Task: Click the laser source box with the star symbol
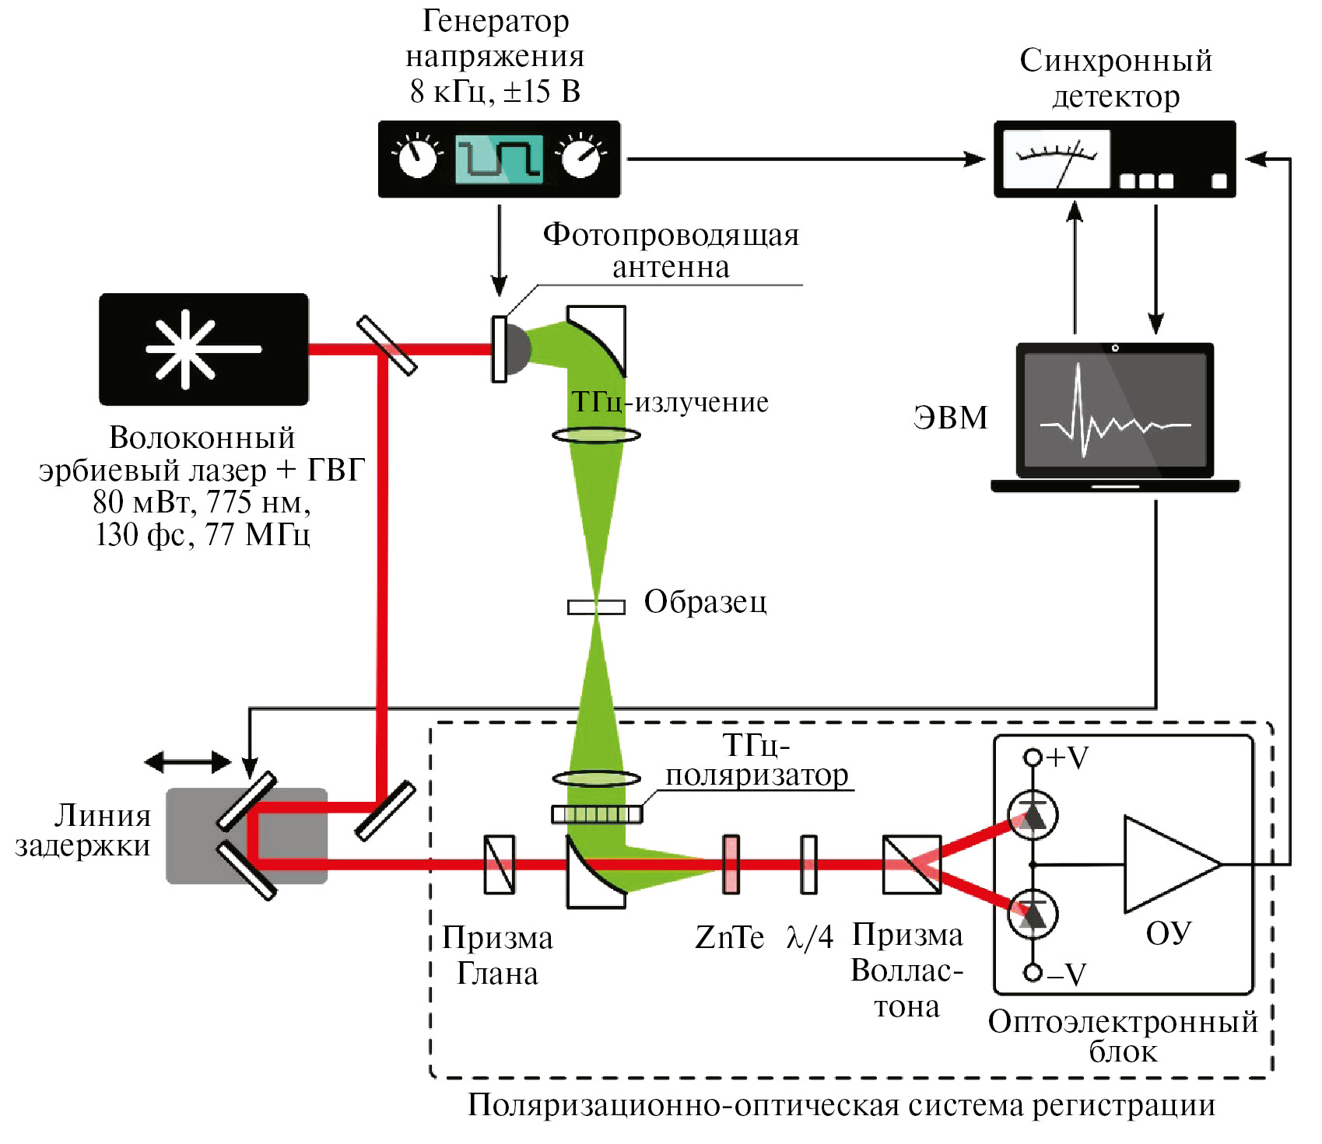203,349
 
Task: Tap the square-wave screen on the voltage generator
499,159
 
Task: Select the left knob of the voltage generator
418,158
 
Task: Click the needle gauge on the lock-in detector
1056,159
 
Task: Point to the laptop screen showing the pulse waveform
1115,411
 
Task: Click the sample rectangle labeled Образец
596,607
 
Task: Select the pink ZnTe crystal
731,864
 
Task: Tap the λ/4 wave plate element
809,864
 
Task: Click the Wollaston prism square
912,864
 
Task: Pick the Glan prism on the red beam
499,864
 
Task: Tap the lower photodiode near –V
1033,913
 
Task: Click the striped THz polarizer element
597,814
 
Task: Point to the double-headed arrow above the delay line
188,761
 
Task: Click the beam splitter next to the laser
387,345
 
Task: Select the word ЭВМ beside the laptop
950,418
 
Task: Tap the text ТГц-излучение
670,402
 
